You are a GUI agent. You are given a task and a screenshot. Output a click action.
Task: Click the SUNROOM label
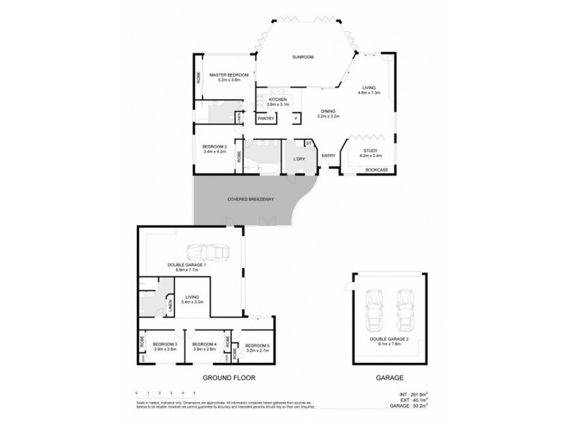click(x=303, y=56)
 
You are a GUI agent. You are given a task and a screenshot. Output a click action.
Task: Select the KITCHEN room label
click(x=278, y=100)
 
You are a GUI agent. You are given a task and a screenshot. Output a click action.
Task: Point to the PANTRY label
click(x=266, y=119)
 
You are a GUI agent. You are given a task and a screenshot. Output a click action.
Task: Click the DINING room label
click(x=328, y=111)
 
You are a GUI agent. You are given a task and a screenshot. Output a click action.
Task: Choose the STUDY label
click(x=370, y=151)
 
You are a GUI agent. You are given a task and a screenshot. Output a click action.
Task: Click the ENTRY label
click(x=328, y=156)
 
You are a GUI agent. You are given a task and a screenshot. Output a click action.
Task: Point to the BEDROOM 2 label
click(x=214, y=146)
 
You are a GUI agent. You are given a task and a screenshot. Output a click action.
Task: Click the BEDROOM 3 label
click(x=164, y=345)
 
